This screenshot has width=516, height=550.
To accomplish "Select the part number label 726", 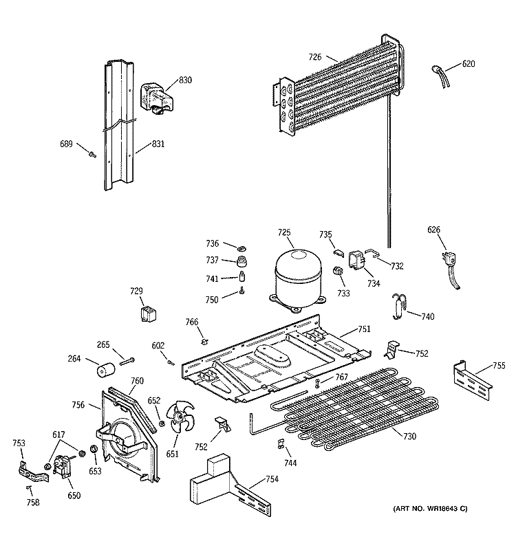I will coord(315,58).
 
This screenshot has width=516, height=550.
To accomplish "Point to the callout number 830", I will coord(185,80).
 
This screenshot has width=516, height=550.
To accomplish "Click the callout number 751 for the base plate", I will coord(363,329).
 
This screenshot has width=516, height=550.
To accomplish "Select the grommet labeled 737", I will coord(242,262).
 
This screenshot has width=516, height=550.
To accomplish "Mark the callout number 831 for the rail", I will coord(158,145).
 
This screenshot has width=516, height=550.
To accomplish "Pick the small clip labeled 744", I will coord(281,441).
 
